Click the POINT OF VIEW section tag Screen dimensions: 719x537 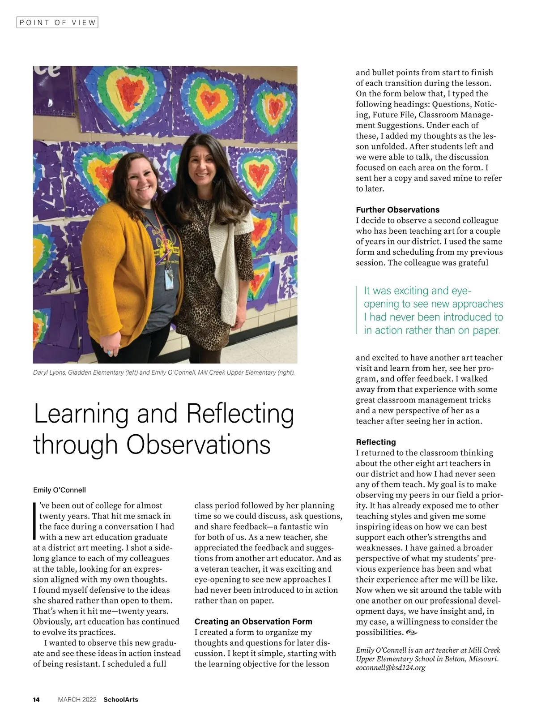coord(57,22)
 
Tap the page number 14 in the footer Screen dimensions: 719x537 coord(36,699)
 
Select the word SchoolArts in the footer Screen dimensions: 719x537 coord(121,699)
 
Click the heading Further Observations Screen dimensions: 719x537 coord(397,210)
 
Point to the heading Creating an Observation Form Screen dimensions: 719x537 coord(253,621)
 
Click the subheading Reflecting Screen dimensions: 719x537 coord(375,442)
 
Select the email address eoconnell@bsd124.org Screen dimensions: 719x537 coord(390,668)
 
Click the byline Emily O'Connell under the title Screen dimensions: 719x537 coord(60,490)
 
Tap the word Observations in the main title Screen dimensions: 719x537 coord(199,445)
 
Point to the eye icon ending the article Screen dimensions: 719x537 coord(412,632)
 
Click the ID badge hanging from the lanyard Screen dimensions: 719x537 coord(169,280)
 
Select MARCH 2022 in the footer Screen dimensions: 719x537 coord(77,699)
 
